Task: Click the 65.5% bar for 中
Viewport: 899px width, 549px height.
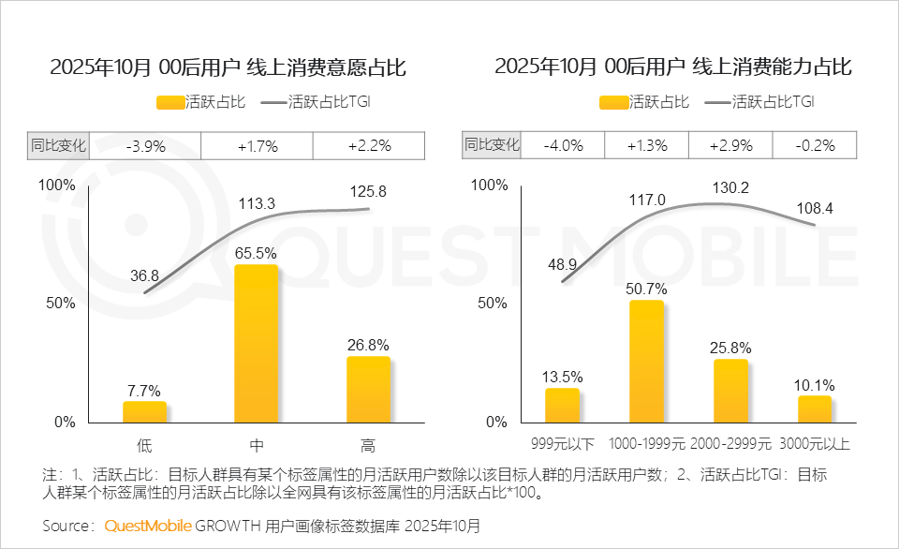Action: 256,344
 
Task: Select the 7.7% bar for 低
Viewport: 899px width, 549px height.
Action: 144,412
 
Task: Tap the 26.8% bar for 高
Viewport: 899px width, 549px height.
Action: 368,390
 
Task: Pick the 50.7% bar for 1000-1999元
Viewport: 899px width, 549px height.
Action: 646,362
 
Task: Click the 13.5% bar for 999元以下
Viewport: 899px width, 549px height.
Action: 562,405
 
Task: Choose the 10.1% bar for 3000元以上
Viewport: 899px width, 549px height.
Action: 815,408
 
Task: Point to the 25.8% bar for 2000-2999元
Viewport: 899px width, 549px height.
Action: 730,391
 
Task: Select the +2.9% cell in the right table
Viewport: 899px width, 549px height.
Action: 730,145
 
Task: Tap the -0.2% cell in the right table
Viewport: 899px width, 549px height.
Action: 815,145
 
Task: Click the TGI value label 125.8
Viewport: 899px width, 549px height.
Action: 368,191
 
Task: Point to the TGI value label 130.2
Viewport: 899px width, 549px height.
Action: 730,187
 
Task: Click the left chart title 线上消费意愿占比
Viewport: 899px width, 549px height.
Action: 228,67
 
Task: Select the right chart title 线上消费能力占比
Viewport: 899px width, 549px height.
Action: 673,67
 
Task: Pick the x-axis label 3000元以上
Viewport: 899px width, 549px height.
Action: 815,444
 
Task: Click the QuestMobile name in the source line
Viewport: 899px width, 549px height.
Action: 147,526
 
